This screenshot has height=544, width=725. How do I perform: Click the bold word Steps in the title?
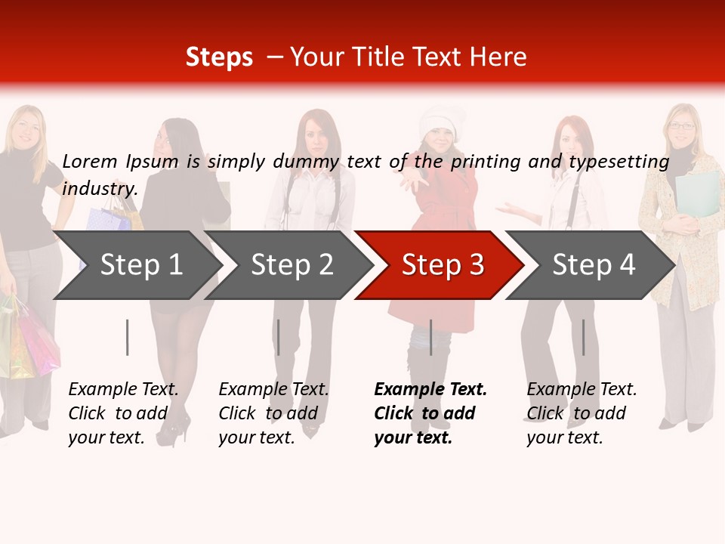[219, 57]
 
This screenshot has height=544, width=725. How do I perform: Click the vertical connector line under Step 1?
[128, 337]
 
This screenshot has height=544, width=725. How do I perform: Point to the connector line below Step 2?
[279, 337]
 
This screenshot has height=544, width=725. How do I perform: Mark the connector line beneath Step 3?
[430, 337]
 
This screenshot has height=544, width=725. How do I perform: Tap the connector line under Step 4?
[583, 337]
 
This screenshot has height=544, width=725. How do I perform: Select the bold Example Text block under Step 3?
[430, 413]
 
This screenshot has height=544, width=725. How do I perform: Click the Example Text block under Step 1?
[123, 413]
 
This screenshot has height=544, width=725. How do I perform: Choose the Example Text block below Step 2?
[273, 413]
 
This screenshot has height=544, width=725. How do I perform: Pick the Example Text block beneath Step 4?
[582, 413]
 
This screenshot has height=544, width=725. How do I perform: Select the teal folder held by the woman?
[697, 193]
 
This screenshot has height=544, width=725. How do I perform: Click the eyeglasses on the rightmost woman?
[682, 126]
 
